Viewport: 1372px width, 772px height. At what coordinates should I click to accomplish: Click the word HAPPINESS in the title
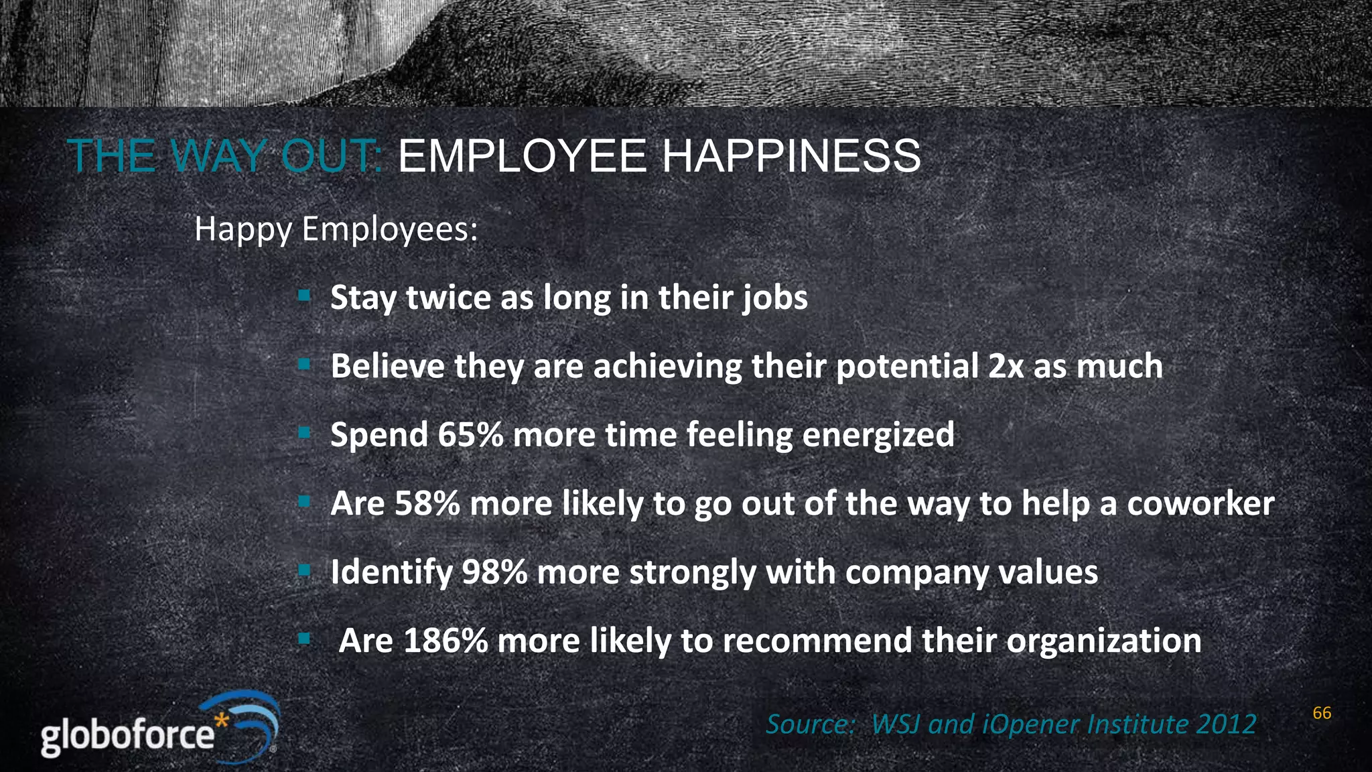pyautogui.click(x=791, y=156)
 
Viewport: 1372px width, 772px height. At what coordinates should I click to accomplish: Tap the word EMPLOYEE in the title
pyautogui.click(x=522, y=156)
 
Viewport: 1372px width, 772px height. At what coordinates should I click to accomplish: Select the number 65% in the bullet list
pyautogui.click(x=470, y=434)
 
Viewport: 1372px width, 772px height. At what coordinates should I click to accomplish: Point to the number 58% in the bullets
pyautogui.click(x=427, y=503)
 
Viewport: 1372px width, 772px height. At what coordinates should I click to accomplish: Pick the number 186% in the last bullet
pyautogui.click(x=445, y=641)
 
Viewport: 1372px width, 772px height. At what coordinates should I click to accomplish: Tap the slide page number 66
pyautogui.click(x=1322, y=713)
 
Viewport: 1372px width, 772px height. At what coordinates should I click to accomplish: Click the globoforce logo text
pyautogui.click(x=127, y=736)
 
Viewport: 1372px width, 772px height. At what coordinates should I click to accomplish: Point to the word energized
pyautogui.click(x=878, y=434)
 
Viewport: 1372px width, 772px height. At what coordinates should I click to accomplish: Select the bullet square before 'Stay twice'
pyautogui.click(x=304, y=295)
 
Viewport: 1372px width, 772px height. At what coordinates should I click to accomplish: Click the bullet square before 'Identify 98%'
pyautogui.click(x=304, y=570)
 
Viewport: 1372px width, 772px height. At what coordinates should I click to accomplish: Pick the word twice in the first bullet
pyautogui.click(x=448, y=297)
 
